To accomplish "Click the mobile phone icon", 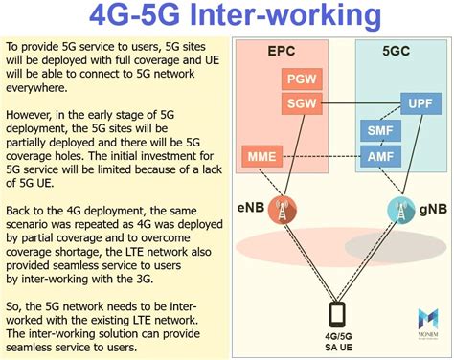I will click(x=337, y=313).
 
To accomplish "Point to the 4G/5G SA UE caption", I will click(x=337, y=341).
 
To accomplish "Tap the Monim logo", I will click(x=429, y=320).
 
